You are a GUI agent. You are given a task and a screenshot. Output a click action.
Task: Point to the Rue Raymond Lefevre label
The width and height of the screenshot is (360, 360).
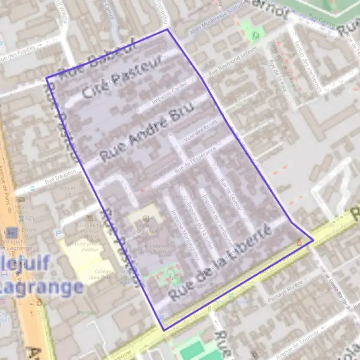232,62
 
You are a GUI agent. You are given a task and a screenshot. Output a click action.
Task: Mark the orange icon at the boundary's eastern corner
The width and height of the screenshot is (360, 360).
299,242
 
